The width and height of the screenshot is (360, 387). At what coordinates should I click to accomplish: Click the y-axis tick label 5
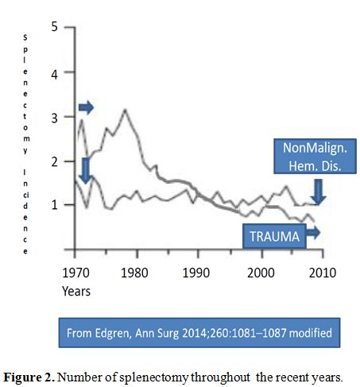click(x=54, y=27)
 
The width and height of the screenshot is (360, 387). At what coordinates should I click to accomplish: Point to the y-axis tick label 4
click(x=54, y=75)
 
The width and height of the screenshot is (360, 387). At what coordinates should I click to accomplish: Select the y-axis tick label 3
click(x=54, y=118)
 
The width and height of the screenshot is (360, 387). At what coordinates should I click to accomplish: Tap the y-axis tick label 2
click(x=54, y=161)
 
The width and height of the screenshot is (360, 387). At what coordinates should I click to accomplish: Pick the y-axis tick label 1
click(x=55, y=205)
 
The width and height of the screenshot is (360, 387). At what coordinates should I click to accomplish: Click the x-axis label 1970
click(x=76, y=273)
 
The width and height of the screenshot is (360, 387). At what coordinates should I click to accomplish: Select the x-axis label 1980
click(x=134, y=273)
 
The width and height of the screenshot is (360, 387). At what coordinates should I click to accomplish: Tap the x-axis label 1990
click(x=196, y=273)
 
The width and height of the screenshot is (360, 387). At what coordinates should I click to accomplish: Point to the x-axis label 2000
click(x=261, y=273)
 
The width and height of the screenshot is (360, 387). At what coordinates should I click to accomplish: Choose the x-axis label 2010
click(x=323, y=273)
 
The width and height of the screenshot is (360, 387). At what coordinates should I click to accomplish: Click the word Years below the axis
click(x=76, y=291)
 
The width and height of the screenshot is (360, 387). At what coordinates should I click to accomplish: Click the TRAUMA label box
click(x=274, y=236)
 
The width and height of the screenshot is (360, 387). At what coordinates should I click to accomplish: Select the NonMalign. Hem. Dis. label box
click(x=315, y=157)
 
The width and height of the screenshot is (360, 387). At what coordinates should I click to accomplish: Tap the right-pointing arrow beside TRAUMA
click(x=313, y=233)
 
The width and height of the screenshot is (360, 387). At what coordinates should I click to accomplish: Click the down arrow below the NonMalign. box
click(x=318, y=192)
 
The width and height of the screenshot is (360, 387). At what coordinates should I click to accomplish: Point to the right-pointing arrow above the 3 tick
click(x=86, y=107)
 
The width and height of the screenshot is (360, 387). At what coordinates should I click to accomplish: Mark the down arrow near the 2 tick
click(x=86, y=171)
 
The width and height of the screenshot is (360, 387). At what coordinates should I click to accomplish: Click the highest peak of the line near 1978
click(x=125, y=110)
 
